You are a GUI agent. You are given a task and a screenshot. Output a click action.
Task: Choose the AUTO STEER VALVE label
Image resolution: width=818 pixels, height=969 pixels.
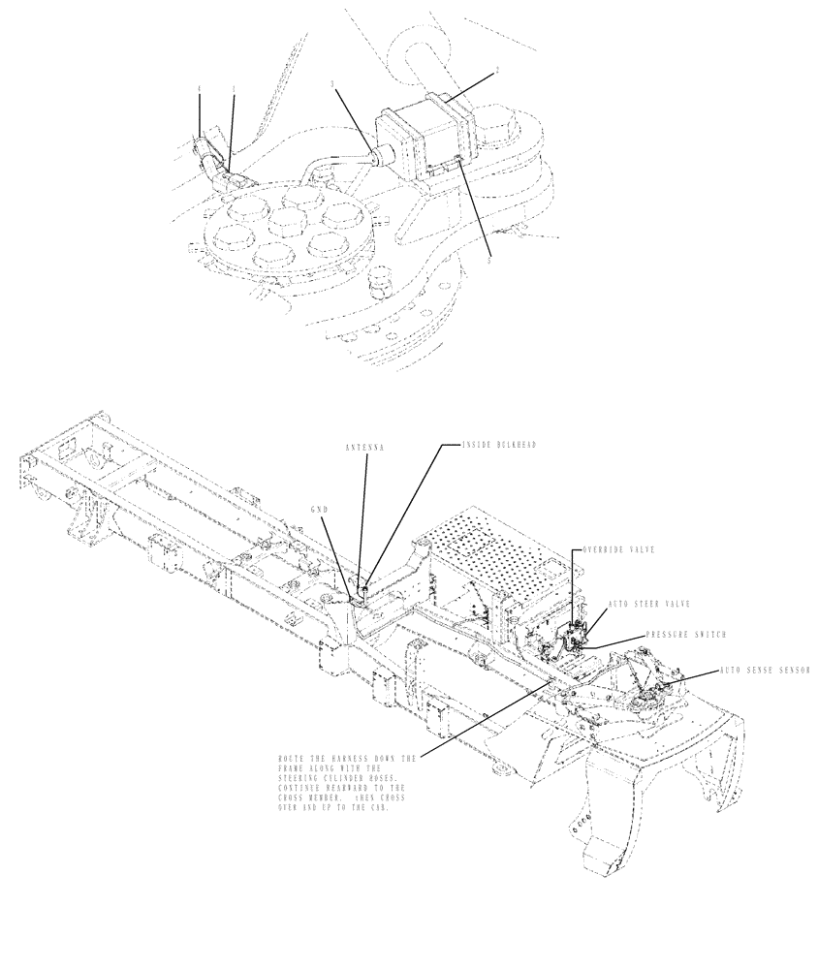(x=648, y=603)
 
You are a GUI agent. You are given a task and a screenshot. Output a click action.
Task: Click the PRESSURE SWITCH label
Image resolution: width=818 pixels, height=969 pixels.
(x=685, y=636)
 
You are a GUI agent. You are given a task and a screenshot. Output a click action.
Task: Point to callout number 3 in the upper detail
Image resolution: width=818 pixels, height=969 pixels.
(x=332, y=86)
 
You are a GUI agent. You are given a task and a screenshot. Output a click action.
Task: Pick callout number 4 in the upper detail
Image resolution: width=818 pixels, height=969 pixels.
(x=200, y=89)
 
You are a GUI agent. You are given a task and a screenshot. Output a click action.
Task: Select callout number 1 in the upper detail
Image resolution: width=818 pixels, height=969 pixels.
(x=234, y=89)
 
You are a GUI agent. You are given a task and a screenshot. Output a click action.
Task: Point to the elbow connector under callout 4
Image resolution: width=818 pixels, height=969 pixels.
(x=206, y=155)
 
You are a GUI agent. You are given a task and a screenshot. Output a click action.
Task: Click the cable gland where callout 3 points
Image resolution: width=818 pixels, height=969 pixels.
(x=375, y=152)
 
